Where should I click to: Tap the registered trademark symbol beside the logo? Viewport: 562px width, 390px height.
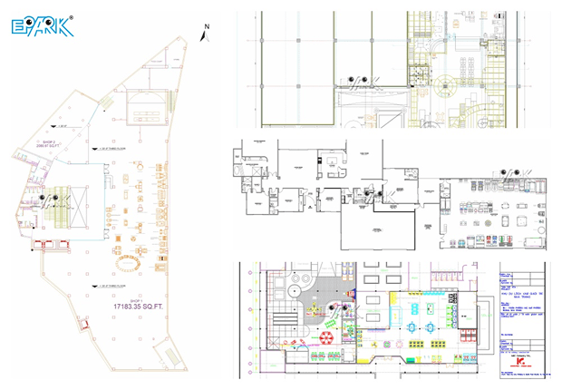pos(72,16)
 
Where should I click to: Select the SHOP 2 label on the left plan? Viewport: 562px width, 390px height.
pos(45,142)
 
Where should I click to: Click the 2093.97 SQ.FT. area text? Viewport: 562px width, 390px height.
pos(47,148)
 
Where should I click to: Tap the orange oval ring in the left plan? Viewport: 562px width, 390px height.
pos(128,263)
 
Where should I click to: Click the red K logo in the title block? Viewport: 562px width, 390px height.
pos(519,359)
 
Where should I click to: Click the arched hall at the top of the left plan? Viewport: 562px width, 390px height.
pos(146,104)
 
